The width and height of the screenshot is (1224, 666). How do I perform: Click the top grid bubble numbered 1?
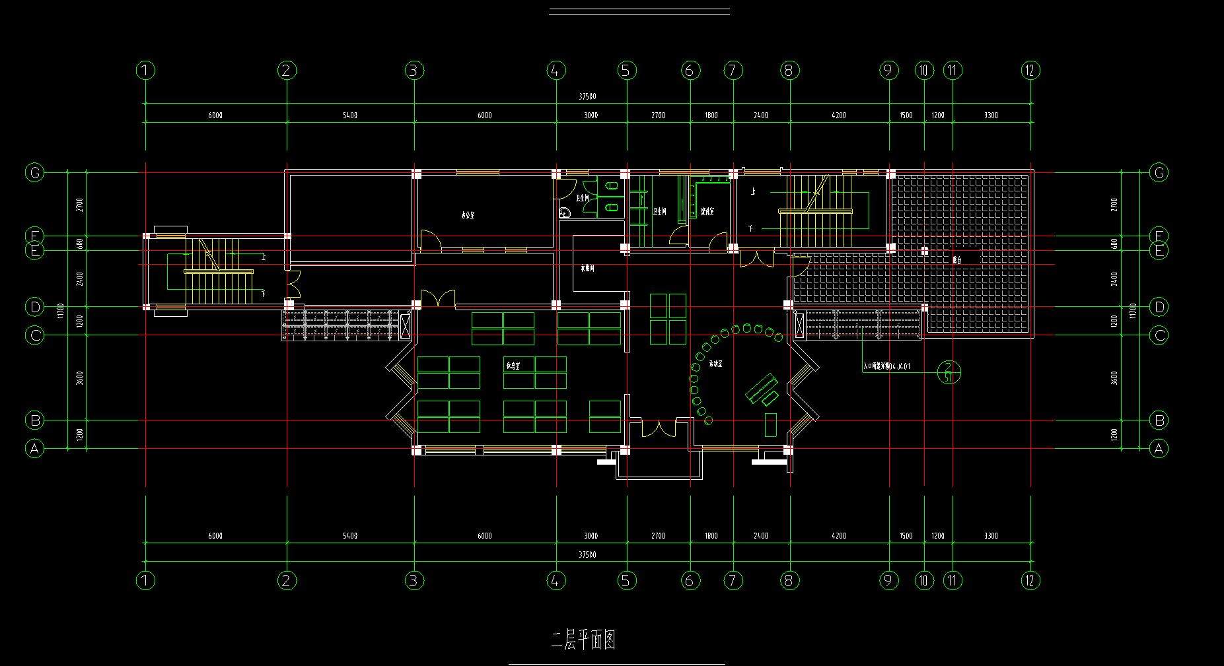coord(145,70)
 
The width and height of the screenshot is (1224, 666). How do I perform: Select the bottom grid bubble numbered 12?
coord(1030,580)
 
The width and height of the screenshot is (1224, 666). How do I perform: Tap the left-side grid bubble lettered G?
coord(34,173)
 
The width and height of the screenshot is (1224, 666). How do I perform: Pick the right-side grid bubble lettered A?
coord(1158,449)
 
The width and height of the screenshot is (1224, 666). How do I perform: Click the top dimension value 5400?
coord(350,116)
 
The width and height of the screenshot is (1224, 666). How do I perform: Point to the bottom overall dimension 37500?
coord(587,554)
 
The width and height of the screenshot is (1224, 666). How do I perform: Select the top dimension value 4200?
coord(839,116)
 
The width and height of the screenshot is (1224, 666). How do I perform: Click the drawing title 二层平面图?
coord(583,640)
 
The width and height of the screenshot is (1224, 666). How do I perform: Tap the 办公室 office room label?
coord(468,215)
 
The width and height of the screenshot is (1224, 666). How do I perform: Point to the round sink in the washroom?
coord(565,213)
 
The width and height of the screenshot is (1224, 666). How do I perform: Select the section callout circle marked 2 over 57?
coord(949,372)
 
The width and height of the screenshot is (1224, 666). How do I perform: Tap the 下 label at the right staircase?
coord(751,228)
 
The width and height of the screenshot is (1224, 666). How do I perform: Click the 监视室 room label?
coord(707,212)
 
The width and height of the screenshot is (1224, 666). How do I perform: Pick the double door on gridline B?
coord(658,427)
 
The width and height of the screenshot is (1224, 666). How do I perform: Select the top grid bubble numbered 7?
coord(733,70)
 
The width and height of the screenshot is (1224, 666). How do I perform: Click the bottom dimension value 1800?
coord(711,536)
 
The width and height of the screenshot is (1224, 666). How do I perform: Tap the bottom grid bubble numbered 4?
coord(556,580)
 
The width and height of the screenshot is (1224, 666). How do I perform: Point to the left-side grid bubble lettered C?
coord(34,335)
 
